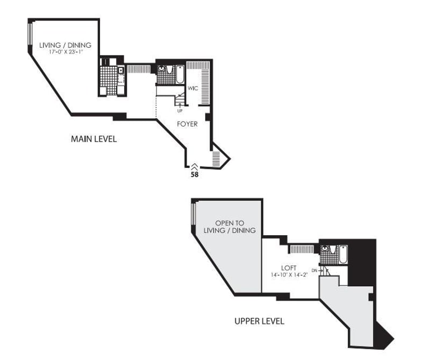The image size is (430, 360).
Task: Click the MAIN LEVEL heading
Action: coord(94,139)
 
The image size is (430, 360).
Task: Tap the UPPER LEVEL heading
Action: coord(259,321)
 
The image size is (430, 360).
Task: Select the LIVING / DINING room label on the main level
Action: coord(65,45)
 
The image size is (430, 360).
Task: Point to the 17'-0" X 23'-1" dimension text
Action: coord(66,52)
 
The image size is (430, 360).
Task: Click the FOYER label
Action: coord(187,124)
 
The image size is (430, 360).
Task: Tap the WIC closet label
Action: coord(193,88)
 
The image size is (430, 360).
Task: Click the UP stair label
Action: coord(180,111)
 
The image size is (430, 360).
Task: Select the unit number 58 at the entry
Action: coord(195,174)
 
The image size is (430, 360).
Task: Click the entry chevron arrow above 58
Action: coord(195,166)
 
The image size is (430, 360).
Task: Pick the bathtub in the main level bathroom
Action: coord(180,74)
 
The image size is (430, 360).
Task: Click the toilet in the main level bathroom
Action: coord(169,69)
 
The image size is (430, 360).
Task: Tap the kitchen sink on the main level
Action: coord(121,70)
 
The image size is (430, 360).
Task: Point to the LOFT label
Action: coord(289,268)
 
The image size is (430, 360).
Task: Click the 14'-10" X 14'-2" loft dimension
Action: coord(289,274)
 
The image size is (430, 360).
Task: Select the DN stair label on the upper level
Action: coord(314,271)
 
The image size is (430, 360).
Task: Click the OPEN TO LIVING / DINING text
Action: coord(230,227)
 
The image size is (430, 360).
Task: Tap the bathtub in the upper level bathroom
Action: coord(343,255)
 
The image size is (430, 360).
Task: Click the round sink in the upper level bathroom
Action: coord(325,249)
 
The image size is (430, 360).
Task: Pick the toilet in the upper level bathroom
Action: coord(333,249)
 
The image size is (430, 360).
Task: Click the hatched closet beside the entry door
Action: coord(216,159)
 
